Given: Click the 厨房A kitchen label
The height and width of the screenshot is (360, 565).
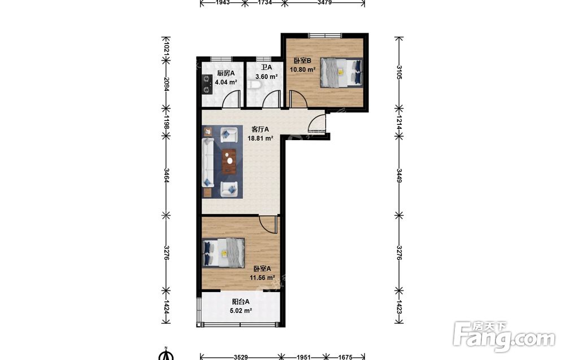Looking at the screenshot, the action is pyautogui.click(x=226, y=73).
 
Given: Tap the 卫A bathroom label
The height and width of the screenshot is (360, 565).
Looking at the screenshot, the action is pyautogui.click(x=266, y=67).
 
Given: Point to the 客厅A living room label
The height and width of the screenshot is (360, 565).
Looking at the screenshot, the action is pyautogui.click(x=260, y=129).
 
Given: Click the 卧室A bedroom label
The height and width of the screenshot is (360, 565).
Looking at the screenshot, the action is pyautogui.click(x=262, y=268).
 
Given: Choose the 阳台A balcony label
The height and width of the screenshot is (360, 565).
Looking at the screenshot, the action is pyautogui.click(x=240, y=302).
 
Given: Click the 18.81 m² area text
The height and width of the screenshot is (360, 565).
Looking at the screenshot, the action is pyautogui.click(x=260, y=138).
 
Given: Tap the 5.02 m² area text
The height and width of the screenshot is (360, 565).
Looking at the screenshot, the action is pyautogui.click(x=241, y=311).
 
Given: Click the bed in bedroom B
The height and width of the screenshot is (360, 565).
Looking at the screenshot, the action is pyautogui.click(x=341, y=72).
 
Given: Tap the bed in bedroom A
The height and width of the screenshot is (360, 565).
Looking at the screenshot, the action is pyautogui.click(x=223, y=253).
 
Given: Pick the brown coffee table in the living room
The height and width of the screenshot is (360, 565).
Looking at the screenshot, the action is pyautogui.click(x=228, y=161).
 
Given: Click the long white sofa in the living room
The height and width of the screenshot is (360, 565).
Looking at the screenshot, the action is pyautogui.click(x=208, y=163).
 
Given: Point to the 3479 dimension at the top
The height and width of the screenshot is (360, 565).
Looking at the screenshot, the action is pyautogui.click(x=325, y=2).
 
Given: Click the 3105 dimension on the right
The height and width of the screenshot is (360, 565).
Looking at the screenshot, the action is pyautogui.click(x=399, y=72).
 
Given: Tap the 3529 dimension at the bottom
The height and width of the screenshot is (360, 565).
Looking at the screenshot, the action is pyautogui.click(x=240, y=357).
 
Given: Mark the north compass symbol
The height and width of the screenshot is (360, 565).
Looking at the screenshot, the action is pyautogui.click(x=166, y=354).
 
